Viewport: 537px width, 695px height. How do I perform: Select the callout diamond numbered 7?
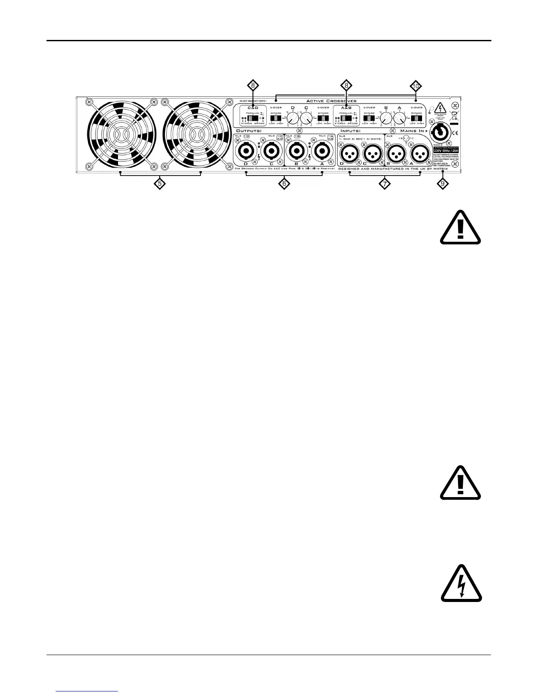click(384, 184)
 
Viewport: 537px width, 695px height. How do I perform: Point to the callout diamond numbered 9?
click(443, 184)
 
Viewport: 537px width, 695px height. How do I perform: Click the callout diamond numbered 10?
click(415, 86)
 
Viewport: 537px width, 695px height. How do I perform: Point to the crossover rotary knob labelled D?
click(293, 118)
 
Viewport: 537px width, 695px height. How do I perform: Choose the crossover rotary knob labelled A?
click(399, 118)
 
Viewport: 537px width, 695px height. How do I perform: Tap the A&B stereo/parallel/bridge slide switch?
click(346, 118)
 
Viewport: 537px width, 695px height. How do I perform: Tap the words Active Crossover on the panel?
click(331, 101)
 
